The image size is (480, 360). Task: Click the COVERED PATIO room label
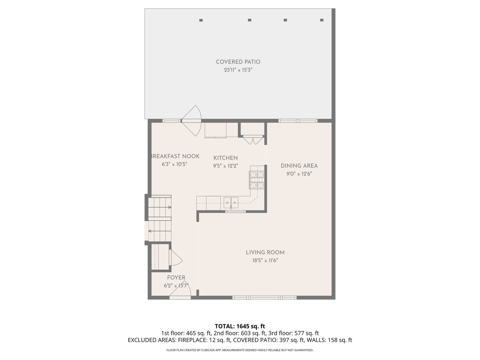click(238, 62)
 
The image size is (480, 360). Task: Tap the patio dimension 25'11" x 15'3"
click(238, 70)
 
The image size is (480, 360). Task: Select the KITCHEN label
click(226, 158)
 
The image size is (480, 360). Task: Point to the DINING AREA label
click(299, 166)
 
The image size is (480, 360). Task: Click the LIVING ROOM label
click(265, 252)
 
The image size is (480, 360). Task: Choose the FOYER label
click(176, 278)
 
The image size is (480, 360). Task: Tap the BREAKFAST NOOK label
click(175, 156)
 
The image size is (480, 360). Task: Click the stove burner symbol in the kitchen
click(257, 180)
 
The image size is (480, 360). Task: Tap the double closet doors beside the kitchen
click(253, 140)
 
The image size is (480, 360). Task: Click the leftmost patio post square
click(201, 20)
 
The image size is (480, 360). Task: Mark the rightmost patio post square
click(322, 20)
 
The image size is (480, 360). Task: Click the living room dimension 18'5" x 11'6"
click(265, 260)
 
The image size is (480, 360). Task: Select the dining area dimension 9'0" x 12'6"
click(299, 174)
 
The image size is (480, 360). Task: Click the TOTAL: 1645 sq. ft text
click(240, 326)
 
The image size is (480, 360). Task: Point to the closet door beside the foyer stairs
click(175, 258)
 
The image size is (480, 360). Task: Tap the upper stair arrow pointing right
click(169, 207)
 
